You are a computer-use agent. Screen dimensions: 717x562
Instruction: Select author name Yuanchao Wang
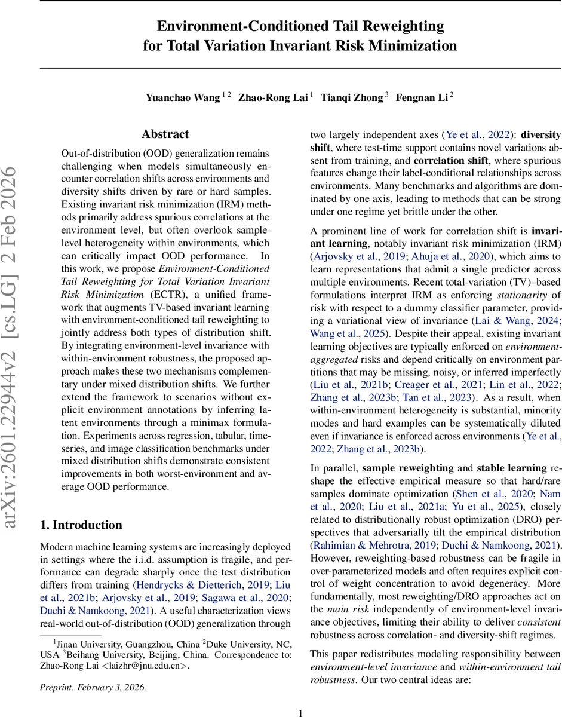tap(182, 98)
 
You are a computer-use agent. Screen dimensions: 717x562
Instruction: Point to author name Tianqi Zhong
tap(352, 98)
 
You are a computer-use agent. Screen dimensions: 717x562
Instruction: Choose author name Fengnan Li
tap(424, 98)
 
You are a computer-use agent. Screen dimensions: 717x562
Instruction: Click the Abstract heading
tap(165, 134)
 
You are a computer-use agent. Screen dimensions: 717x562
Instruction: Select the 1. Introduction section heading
tap(81, 525)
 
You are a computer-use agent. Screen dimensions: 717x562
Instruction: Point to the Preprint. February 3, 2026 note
tap(93, 687)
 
